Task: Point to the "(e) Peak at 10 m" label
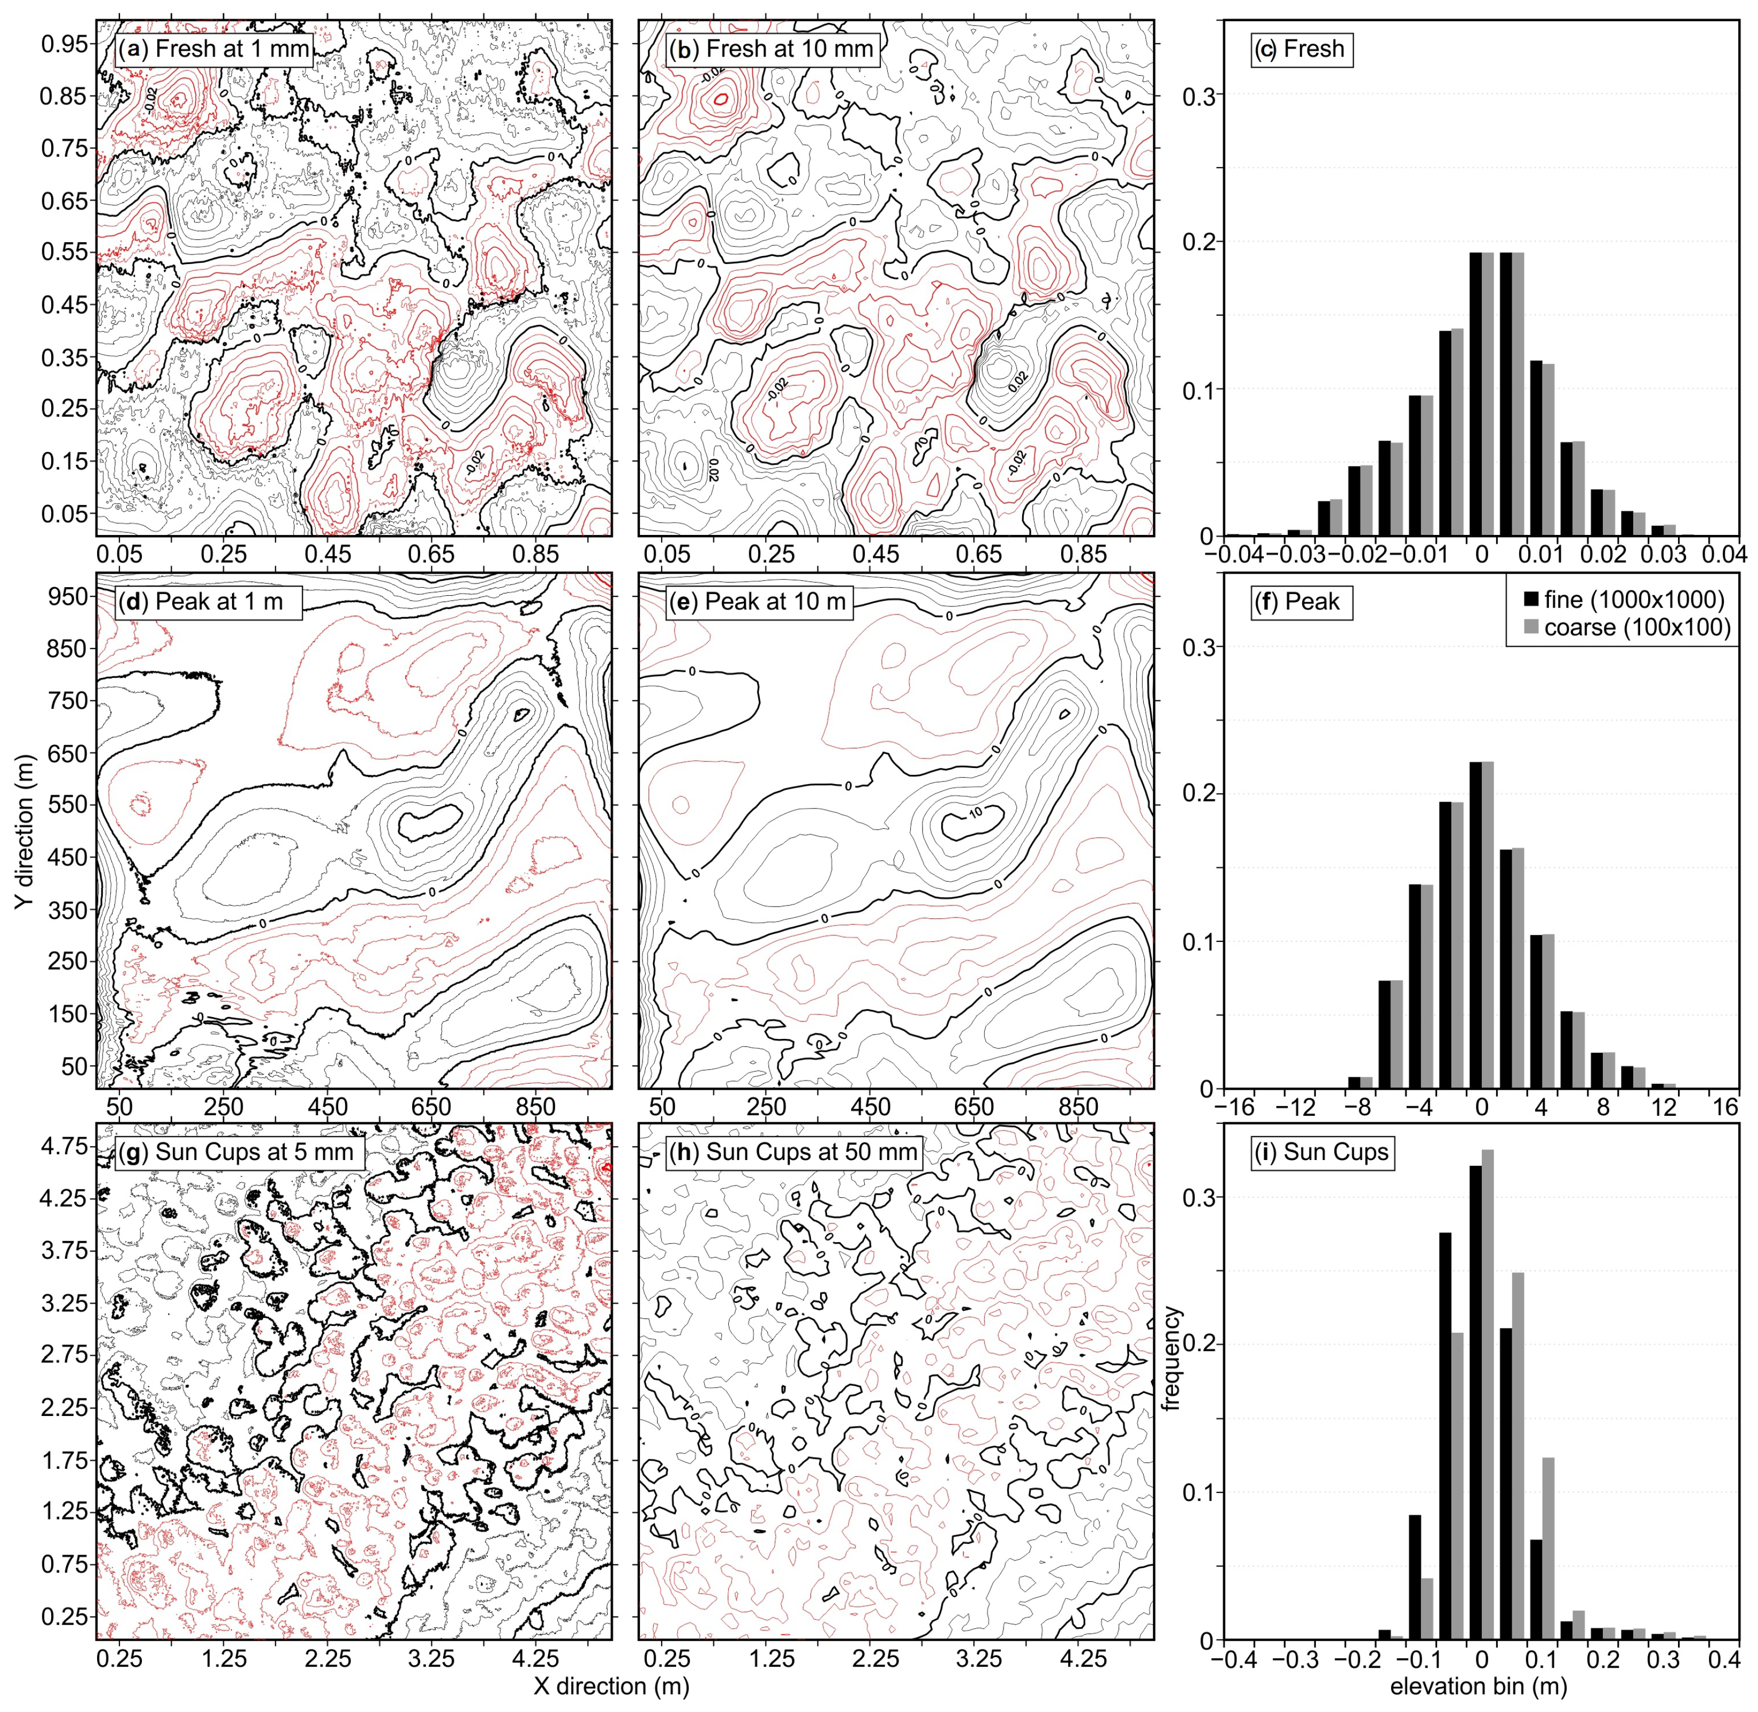click(x=758, y=602)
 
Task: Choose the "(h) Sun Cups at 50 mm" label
click(x=793, y=1152)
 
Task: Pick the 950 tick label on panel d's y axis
click(x=67, y=596)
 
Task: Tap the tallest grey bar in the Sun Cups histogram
click(x=1488, y=1394)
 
